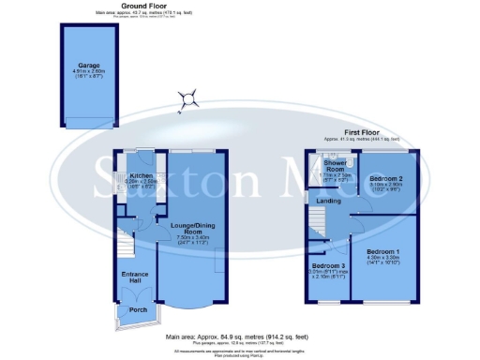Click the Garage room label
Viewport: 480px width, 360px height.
tap(89, 66)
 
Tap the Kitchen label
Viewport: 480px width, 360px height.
tap(142, 174)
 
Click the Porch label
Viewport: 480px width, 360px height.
tap(138, 309)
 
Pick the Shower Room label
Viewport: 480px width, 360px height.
tap(335, 166)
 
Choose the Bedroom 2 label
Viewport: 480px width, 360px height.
tap(385, 177)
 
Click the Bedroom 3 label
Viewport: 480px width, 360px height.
tap(328, 265)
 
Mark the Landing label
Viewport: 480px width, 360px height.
tap(328, 200)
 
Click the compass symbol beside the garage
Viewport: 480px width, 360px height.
tap(190, 97)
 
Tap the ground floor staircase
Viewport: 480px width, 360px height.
tap(125, 232)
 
